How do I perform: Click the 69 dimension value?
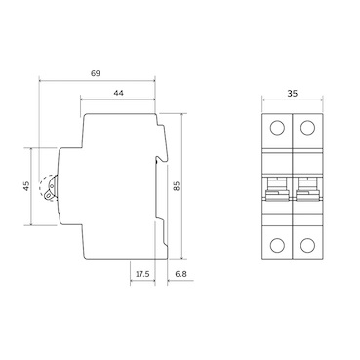tap(96, 73)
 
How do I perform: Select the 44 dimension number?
tap(117, 92)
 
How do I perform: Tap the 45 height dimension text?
tap(26, 186)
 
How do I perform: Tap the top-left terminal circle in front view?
tap(277, 128)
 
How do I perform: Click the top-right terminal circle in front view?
tap(307, 128)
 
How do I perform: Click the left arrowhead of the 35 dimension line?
tap(265, 104)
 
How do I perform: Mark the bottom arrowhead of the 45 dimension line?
tap(31, 223)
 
